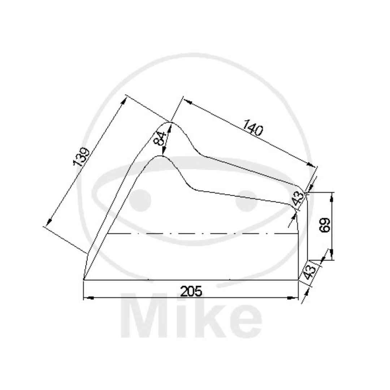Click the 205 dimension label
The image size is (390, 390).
tap(191, 291)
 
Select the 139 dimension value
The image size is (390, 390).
tap(81, 157)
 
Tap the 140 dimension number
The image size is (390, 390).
tap(252, 127)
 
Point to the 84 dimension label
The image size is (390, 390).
tap(160, 139)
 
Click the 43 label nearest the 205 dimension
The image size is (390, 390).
tap(309, 272)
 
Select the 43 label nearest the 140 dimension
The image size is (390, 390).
tap(299, 198)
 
